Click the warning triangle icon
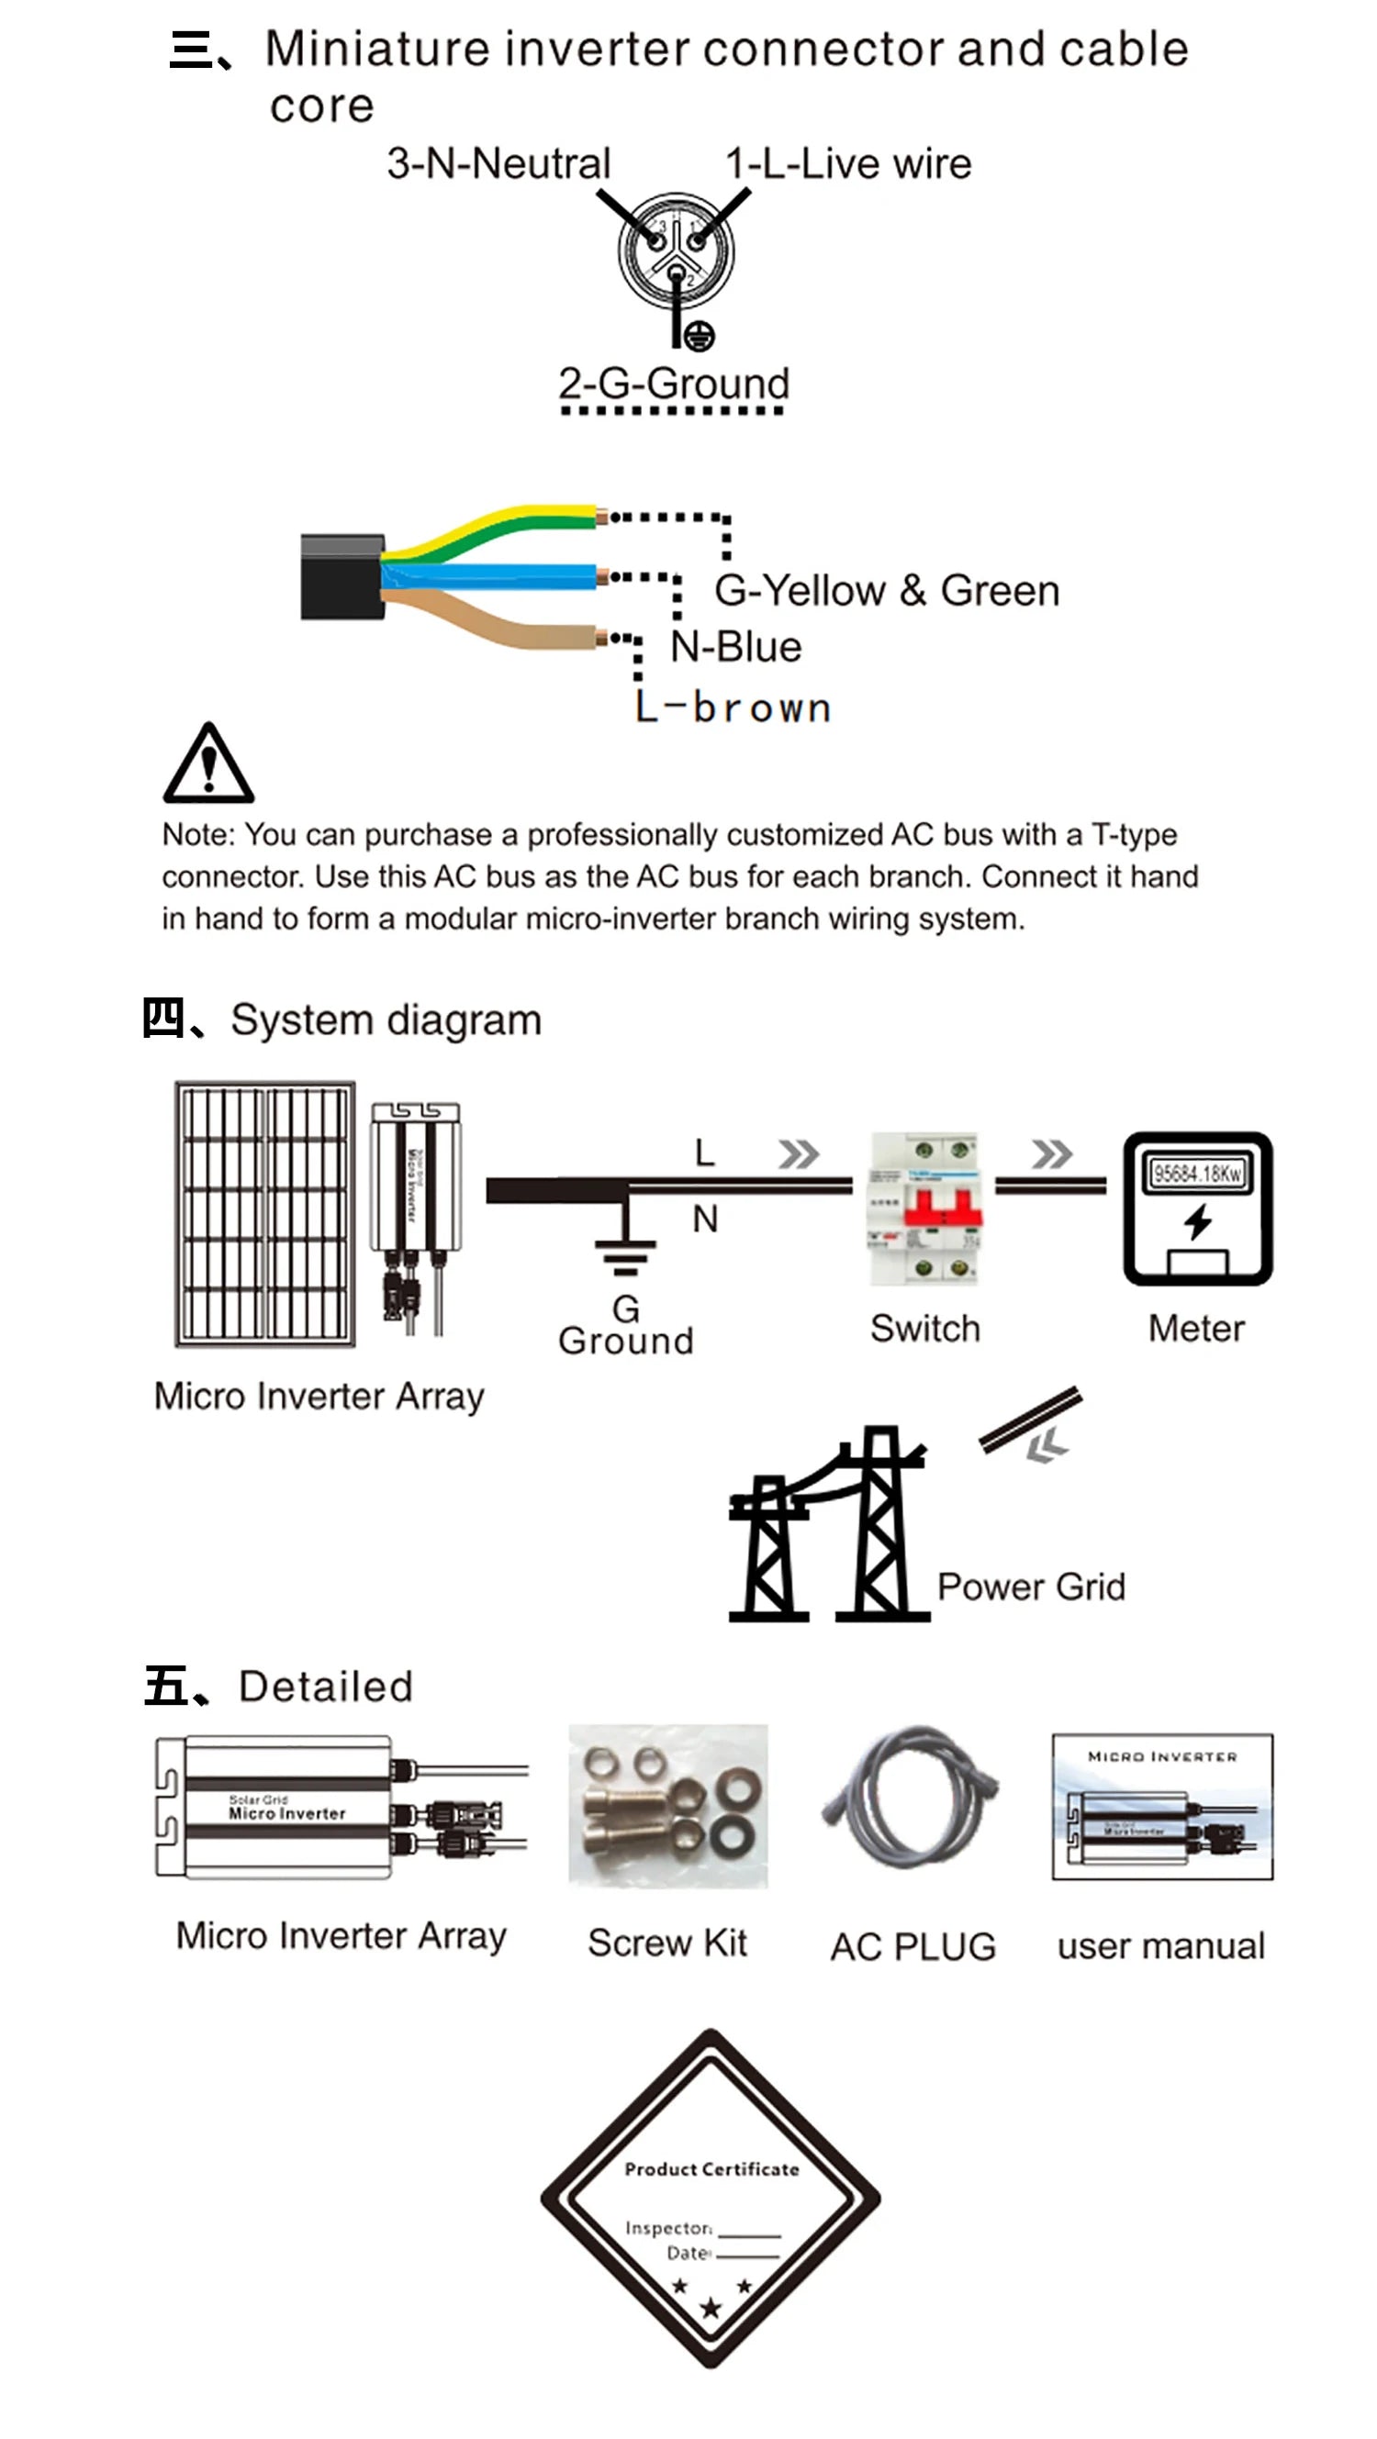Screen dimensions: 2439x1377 [208, 765]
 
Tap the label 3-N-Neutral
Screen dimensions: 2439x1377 [498, 164]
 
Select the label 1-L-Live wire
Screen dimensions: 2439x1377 [847, 164]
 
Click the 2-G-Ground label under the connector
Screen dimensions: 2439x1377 [673, 384]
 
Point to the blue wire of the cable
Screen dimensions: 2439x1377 [492, 575]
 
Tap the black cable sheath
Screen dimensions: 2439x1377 [341, 576]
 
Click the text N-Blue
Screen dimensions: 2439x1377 [736, 648]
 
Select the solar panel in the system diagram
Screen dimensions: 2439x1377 [265, 1213]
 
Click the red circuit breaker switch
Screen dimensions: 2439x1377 [925, 1208]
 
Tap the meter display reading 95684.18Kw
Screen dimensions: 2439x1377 [1197, 1173]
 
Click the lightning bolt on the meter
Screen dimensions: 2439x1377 [1198, 1220]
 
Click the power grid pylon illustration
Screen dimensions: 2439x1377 [829, 1526]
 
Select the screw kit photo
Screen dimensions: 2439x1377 [667, 1806]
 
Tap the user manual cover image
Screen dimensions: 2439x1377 [1162, 1807]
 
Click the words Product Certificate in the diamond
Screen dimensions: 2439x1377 [711, 2169]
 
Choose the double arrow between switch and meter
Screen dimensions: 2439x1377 [1051, 1153]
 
